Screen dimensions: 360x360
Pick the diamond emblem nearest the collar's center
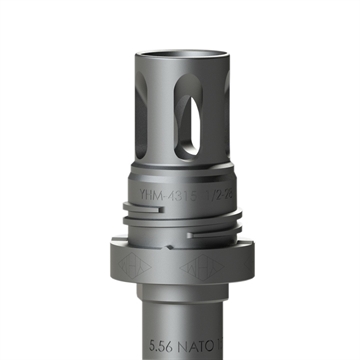[197, 268]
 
